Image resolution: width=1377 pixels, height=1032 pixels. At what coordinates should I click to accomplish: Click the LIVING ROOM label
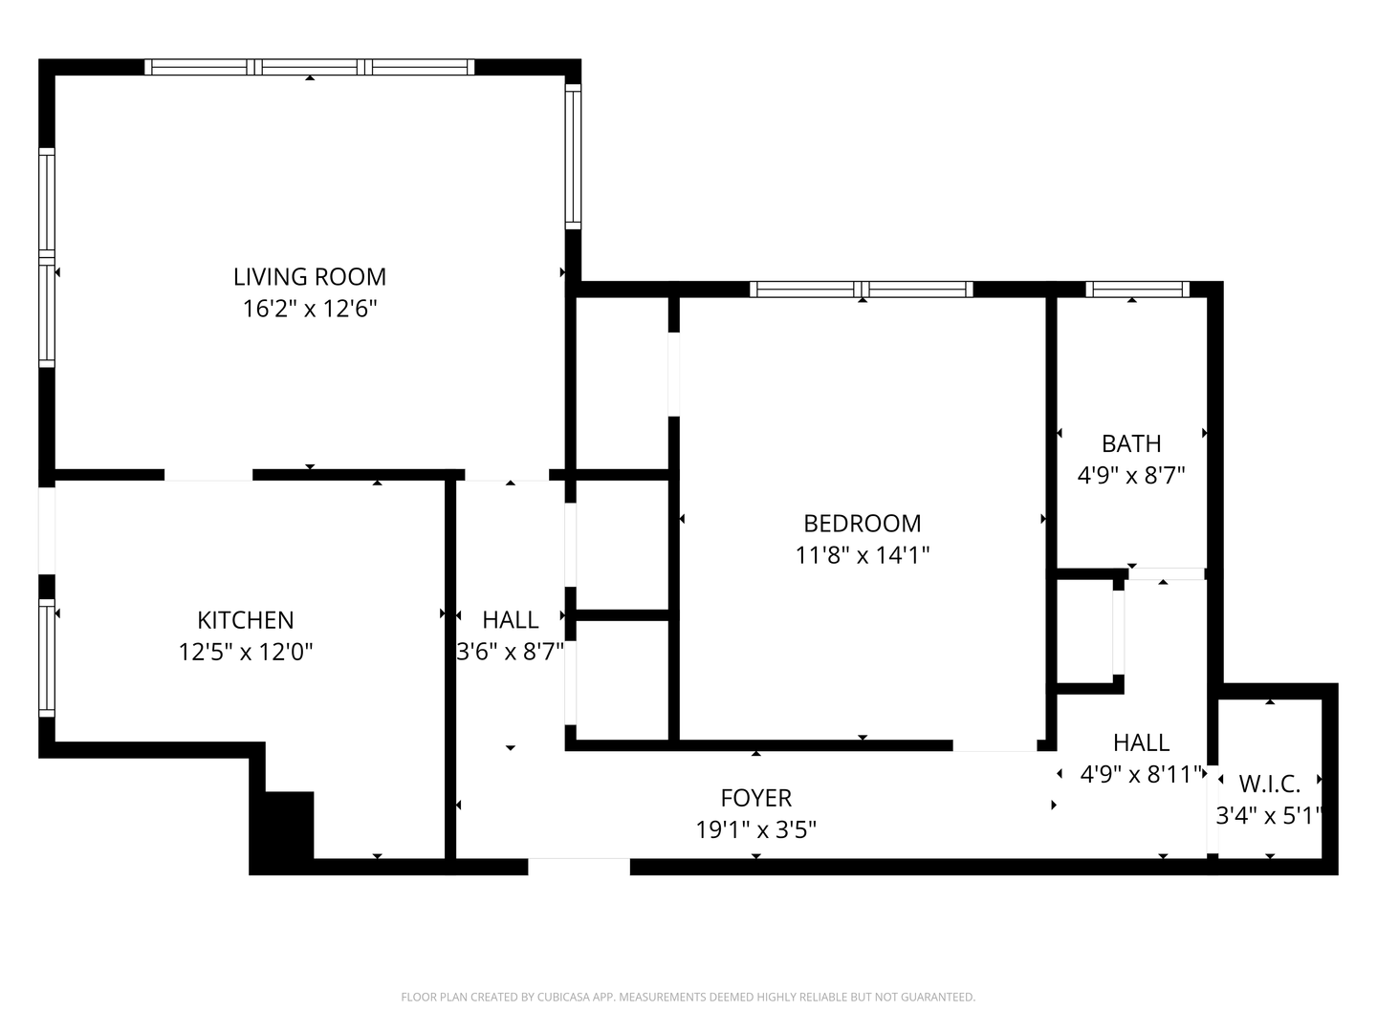(x=309, y=276)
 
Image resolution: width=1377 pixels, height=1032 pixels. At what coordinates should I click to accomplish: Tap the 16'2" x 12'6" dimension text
(x=309, y=309)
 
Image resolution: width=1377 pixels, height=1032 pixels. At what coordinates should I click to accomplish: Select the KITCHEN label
(x=246, y=620)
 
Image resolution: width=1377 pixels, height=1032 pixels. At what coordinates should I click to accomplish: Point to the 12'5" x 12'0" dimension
(x=246, y=652)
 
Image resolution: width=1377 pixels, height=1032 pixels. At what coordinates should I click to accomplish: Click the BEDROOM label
(x=862, y=524)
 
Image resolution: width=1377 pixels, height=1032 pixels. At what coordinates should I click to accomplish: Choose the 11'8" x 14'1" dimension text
(x=862, y=555)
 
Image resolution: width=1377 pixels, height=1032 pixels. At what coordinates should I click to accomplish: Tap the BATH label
(x=1131, y=443)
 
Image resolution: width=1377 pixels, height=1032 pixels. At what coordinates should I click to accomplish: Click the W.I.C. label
(x=1269, y=784)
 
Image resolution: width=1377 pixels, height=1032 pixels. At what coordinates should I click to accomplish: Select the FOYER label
(x=756, y=798)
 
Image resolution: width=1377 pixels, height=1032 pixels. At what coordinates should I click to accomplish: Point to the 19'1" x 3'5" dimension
(x=756, y=830)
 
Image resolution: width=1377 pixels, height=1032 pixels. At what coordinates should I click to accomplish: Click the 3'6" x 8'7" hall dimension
(x=510, y=652)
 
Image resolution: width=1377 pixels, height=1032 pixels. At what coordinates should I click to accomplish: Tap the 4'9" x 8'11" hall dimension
(x=1141, y=774)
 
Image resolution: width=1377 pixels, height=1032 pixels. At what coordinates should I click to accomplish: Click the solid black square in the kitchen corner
(x=289, y=825)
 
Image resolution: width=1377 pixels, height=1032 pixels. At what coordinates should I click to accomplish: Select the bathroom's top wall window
(x=1137, y=289)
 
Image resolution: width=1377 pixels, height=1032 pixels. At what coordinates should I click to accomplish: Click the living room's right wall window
(x=573, y=157)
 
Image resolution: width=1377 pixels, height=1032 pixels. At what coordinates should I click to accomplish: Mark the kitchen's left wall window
(x=47, y=658)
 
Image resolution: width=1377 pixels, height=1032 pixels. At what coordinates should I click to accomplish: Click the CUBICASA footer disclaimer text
(x=688, y=997)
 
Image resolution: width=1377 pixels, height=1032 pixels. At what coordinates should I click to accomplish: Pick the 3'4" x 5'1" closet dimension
(x=1269, y=816)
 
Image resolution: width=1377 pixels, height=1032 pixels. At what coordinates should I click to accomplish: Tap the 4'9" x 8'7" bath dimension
(x=1131, y=476)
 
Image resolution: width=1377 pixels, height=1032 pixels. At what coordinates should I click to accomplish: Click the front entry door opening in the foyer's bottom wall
(x=579, y=866)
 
